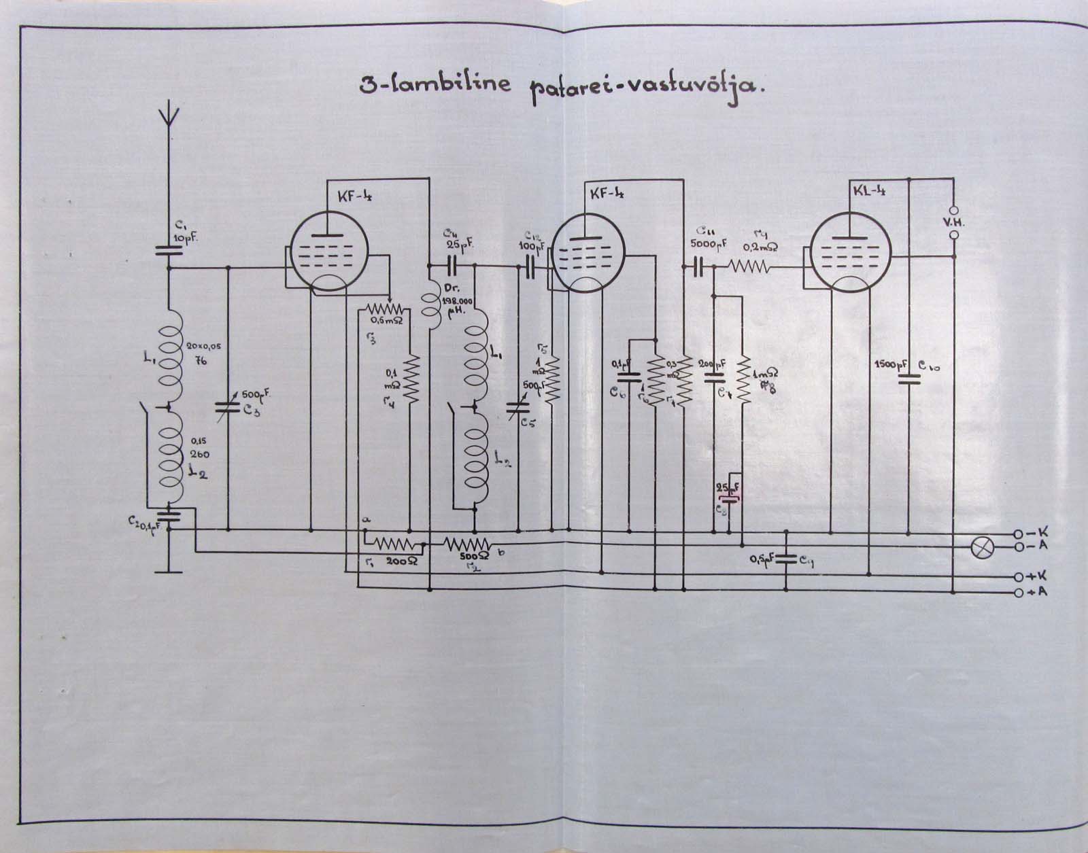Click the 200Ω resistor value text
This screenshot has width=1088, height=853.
401,562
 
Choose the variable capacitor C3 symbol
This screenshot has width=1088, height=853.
227,408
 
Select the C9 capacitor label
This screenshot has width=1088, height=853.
806,561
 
